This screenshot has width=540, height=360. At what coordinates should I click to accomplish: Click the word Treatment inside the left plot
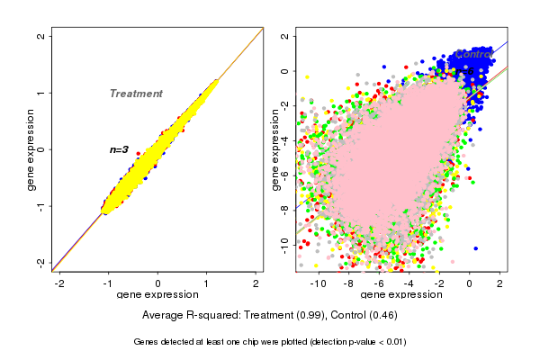coord(136,94)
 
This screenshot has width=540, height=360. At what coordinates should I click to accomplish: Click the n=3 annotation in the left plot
coord(120,149)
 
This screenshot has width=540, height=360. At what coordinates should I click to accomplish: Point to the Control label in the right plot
coord(474,55)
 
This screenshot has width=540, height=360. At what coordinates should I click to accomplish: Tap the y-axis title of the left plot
coord(32,149)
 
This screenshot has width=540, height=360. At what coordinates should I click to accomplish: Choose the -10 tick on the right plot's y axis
coord(285,242)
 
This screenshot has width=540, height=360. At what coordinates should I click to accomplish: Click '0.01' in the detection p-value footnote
coord(393,342)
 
